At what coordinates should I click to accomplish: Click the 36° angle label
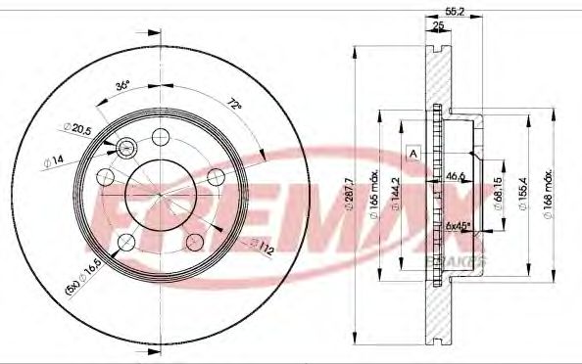[123, 85]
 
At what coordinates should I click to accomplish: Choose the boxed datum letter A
[413, 153]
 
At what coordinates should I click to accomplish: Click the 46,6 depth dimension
[454, 176]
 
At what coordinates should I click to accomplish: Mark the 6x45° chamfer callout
[457, 226]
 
